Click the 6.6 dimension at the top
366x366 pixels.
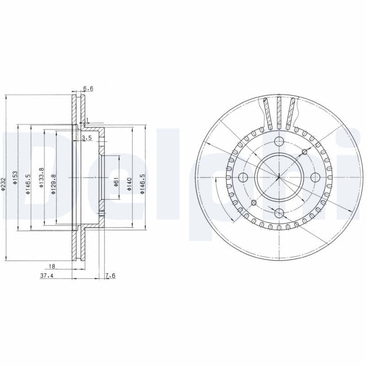[88, 88]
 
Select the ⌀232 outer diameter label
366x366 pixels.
[3, 183]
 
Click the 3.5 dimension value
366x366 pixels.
[87, 138]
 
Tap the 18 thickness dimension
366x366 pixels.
[52, 266]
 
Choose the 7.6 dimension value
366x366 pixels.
[110, 276]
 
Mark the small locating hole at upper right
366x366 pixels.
[304, 151]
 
